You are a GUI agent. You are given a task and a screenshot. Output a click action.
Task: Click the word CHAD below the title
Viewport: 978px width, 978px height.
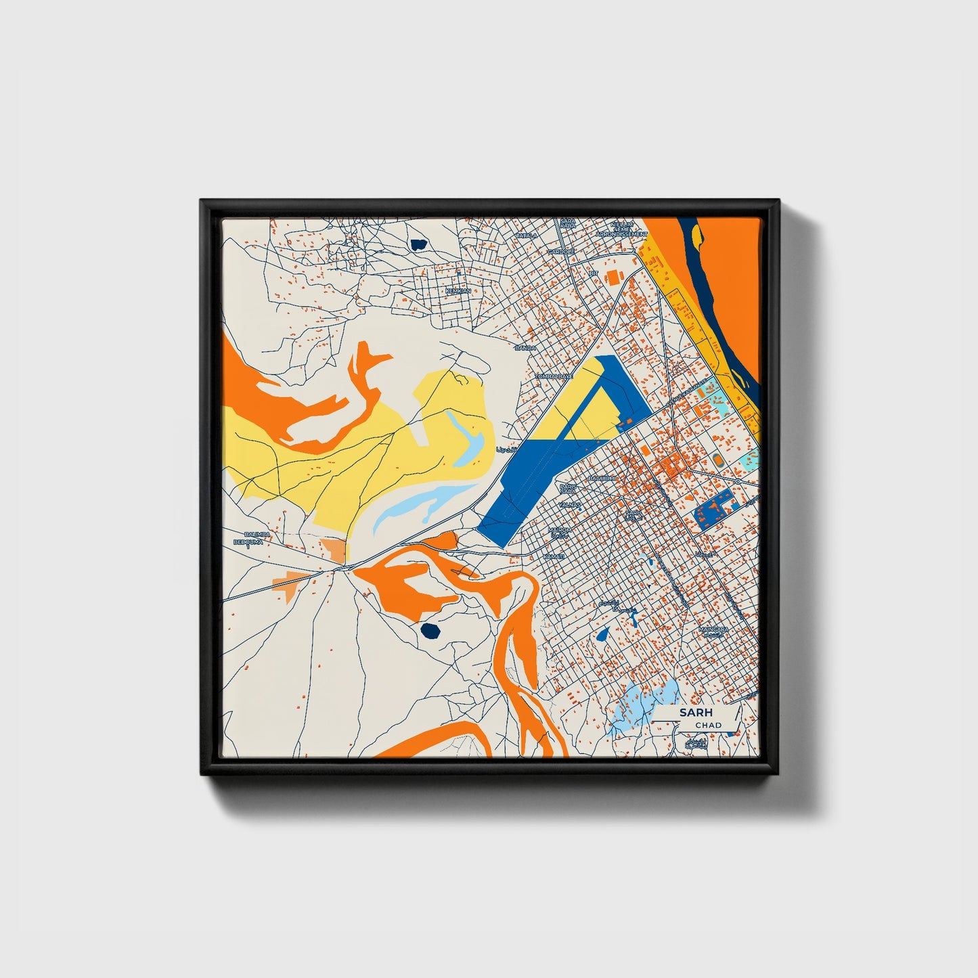click(x=708, y=725)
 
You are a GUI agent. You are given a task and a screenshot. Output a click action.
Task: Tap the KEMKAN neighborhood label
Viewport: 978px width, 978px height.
click(x=458, y=291)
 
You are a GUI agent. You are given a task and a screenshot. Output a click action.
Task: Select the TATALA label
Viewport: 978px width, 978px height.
click(x=526, y=236)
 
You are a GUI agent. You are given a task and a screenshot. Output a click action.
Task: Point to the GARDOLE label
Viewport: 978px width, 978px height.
click(x=561, y=251)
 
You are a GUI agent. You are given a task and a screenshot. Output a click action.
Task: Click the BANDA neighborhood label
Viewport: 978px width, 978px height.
click(x=525, y=348)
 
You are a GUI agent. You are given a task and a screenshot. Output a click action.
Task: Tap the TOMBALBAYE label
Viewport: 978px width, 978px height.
click(x=554, y=376)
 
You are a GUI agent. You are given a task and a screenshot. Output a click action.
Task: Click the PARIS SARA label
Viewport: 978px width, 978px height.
click(x=569, y=488)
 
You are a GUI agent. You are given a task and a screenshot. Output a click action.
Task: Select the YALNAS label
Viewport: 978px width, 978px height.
click(x=570, y=505)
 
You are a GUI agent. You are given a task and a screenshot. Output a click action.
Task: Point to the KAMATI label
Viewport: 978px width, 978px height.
click(x=554, y=556)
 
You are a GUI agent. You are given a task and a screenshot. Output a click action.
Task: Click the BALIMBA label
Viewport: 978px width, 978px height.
click(x=257, y=534)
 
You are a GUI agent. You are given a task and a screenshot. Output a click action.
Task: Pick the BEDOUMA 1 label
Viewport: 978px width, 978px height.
click(x=248, y=543)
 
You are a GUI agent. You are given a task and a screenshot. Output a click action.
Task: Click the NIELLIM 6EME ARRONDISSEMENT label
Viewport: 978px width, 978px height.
click(x=621, y=229)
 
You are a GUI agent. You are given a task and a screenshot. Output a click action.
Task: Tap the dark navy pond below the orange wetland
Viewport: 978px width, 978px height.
click(x=430, y=631)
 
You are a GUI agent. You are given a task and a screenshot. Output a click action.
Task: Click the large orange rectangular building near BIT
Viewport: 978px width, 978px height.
click(x=614, y=277)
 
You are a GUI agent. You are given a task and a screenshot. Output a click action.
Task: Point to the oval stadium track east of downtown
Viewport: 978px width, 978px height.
click(x=717, y=460)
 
